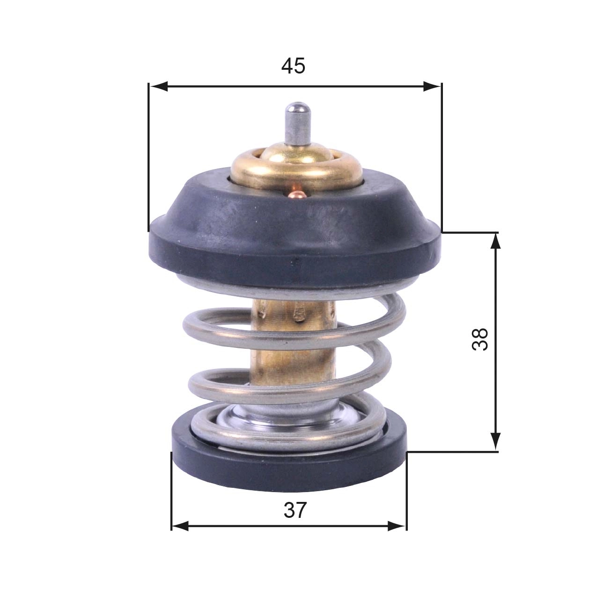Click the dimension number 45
tap(293, 66)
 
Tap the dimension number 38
tap(480, 339)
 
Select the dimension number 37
tap(295, 510)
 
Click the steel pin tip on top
tap(296, 110)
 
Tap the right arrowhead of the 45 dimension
tap(432, 87)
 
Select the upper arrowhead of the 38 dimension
tap(496, 241)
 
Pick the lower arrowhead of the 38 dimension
tap(496, 442)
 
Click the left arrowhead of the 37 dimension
tap(181, 526)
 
